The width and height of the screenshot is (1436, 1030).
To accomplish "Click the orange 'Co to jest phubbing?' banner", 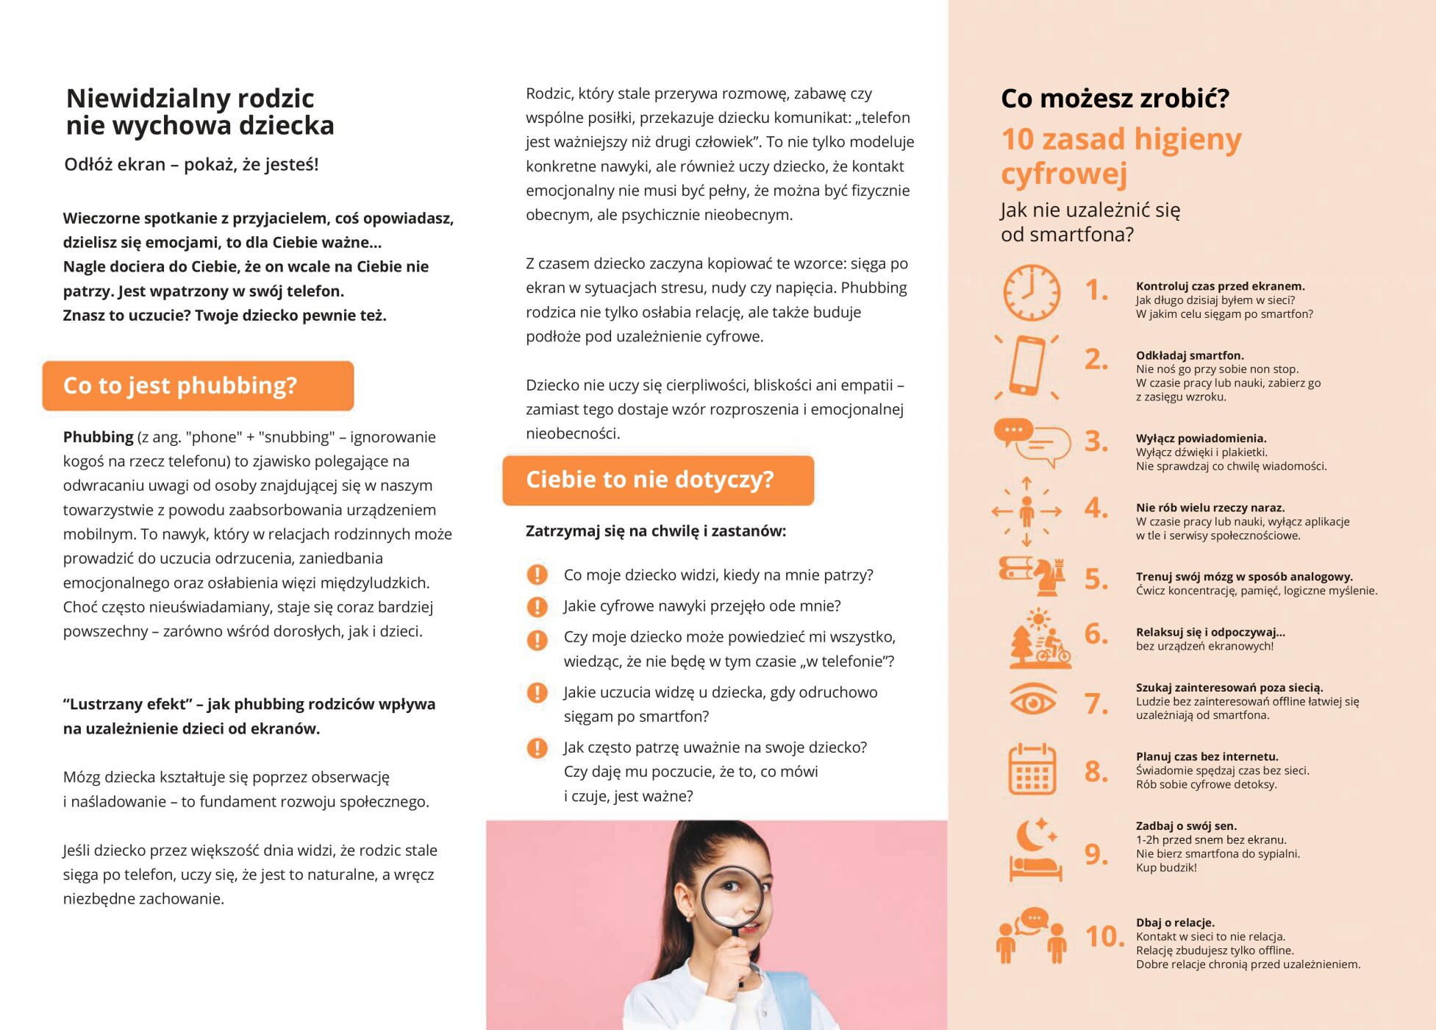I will click(198, 386).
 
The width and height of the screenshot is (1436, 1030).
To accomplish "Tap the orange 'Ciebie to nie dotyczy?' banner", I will click(658, 480).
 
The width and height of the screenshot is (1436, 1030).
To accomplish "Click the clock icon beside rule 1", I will click(1032, 293).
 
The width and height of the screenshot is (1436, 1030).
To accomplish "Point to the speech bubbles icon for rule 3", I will click(1032, 442).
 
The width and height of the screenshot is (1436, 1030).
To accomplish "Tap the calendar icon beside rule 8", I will click(1032, 770).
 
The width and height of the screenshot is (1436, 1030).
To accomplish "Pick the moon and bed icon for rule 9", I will click(1035, 850).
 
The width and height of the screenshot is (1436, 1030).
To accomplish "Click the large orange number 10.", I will click(1104, 937).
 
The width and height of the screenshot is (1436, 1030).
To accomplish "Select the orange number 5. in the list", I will click(1096, 579).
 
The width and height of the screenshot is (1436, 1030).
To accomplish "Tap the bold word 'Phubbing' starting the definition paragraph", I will click(98, 437).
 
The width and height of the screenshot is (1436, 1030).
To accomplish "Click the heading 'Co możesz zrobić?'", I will click(1115, 99).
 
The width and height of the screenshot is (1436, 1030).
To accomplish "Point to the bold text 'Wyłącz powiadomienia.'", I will click(1201, 438).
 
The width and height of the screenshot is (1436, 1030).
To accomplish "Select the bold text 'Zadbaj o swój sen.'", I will click(1186, 826).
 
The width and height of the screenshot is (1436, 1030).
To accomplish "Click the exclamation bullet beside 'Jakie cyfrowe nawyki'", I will click(537, 606).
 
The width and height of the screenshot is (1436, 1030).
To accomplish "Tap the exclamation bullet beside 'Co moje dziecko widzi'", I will click(537, 575).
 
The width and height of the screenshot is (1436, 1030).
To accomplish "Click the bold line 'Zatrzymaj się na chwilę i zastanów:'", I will click(656, 531).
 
